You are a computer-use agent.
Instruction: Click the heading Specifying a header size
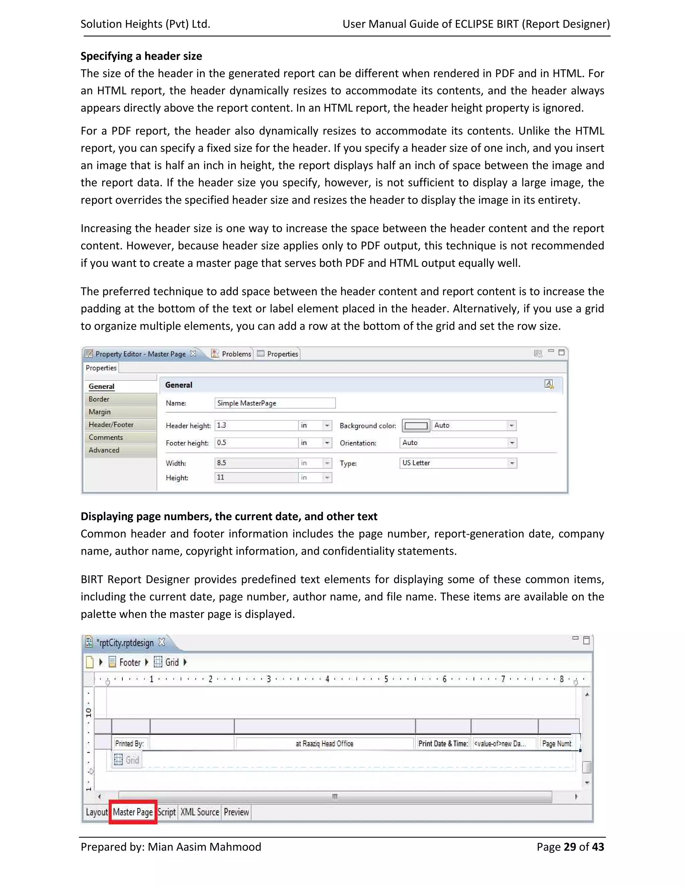(x=141, y=56)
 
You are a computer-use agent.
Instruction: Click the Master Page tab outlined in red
(x=133, y=812)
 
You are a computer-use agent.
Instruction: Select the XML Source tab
(x=200, y=812)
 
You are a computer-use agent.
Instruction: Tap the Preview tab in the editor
(x=236, y=812)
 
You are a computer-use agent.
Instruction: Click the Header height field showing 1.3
(x=256, y=425)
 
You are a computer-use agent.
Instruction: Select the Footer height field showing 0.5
(x=256, y=443)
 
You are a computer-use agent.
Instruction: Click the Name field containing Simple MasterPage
(x=274, y=403)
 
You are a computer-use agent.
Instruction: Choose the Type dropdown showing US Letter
(x=458, y=463)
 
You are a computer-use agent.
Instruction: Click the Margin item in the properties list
(x=100, y=412)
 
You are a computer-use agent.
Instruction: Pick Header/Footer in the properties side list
(x=111, y=424)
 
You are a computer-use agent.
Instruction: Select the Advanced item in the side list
(x=104, y=450)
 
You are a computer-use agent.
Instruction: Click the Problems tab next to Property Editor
(x=236, y=354)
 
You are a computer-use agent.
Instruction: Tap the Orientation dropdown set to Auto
(x=458, y=443)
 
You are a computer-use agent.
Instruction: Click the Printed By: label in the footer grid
(x=129, y=743)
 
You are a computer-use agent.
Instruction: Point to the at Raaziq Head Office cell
(x=324, y=743)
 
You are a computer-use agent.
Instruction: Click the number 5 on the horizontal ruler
(x=386, y=679)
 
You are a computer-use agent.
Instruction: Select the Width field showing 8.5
(x=256, y=463)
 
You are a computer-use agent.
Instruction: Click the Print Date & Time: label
(x=443, y=743)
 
